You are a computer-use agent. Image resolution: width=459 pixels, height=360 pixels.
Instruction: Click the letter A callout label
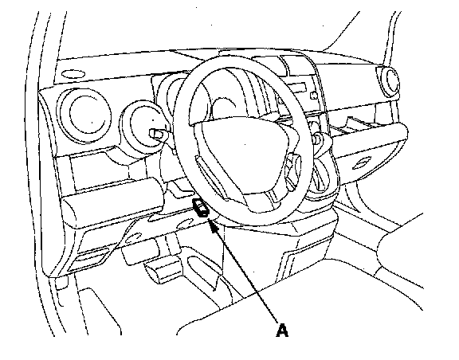click(x=282, y=331)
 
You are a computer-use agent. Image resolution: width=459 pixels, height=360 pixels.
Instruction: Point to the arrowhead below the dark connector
click(x=214, y=227)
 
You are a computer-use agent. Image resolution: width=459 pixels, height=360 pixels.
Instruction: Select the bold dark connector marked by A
click(x=200, y=208)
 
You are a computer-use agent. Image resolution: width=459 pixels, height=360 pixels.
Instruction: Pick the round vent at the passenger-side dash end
click(x=388, y=80)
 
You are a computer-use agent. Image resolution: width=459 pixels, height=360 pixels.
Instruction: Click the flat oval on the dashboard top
click(x=73, y=74)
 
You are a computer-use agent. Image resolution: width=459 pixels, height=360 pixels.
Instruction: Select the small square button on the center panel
click(x=313, y=96)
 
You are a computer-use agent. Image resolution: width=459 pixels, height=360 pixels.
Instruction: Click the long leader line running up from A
click(x=245, y=272)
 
